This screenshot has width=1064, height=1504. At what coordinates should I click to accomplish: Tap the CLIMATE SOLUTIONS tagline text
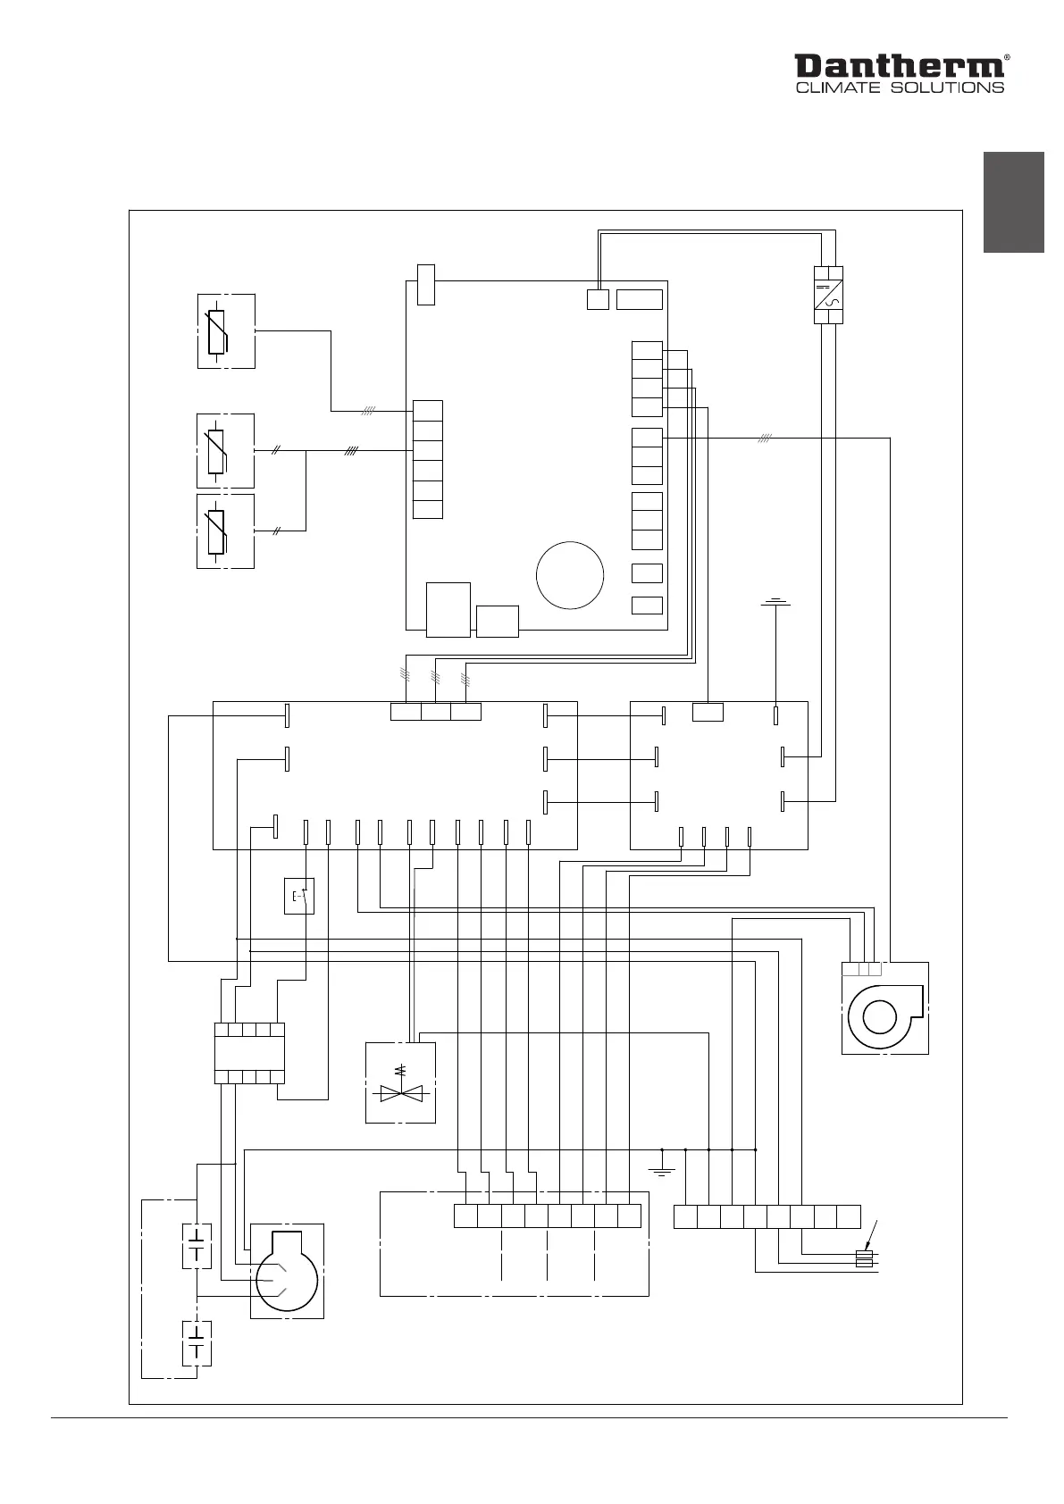coord(899,88)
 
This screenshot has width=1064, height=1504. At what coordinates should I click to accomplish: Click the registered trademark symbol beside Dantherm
coord(1008,56)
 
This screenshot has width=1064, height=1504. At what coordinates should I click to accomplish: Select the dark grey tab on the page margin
coord(1014,203)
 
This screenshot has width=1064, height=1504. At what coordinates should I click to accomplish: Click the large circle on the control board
coord(570,574)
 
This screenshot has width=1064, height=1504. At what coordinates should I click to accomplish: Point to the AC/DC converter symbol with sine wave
coord(828,295)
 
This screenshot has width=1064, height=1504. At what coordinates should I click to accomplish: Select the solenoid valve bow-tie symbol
coord(400,1091)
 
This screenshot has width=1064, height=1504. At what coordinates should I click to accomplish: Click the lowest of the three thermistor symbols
coord(217,531)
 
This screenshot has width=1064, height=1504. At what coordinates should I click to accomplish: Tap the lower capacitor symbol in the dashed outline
coord(197,1342)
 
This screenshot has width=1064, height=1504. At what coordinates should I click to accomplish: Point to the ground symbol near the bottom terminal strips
coord(661,1171)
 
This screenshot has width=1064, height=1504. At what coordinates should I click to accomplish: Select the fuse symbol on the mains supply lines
coord(864,1258)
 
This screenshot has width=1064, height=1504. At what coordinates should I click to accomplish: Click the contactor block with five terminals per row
coord(249,1053)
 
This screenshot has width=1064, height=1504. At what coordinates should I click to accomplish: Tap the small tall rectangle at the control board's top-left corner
coord(426,284)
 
